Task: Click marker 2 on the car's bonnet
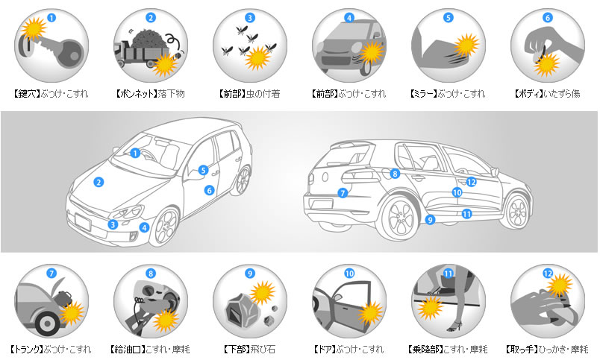99,183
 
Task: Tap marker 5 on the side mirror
203,170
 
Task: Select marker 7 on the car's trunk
343,193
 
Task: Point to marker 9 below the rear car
430,220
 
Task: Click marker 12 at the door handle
471,183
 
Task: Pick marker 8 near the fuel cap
395,174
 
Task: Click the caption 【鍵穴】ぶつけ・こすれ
51,94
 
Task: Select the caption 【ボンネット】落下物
151,94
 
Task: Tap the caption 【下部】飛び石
249,350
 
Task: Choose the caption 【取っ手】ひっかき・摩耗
547,350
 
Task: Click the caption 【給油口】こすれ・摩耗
150,350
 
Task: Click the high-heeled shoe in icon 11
454,326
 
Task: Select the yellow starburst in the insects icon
257,58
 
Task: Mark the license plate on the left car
83,222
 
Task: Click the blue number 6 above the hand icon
548,18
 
